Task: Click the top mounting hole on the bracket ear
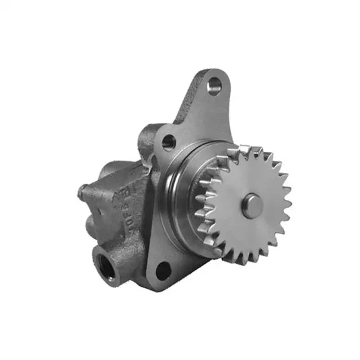point(214,85)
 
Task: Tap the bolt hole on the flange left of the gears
point(168,142)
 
